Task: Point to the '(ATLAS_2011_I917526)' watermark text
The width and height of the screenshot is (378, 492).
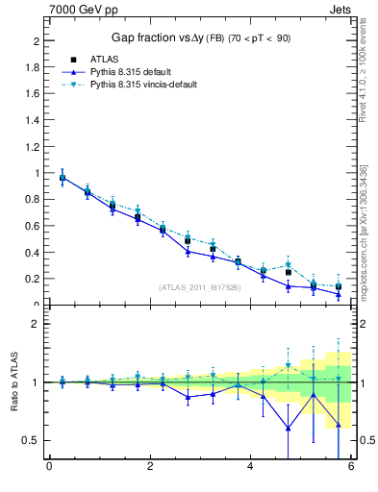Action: tap(200, 287)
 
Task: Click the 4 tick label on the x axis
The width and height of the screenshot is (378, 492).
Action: tap(250, 467)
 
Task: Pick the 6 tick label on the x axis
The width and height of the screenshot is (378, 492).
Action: tap(351, 467)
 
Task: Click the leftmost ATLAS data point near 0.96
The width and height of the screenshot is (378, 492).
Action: tap(63, 178)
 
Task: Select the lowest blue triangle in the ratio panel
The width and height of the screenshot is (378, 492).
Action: tap(288, 429)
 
